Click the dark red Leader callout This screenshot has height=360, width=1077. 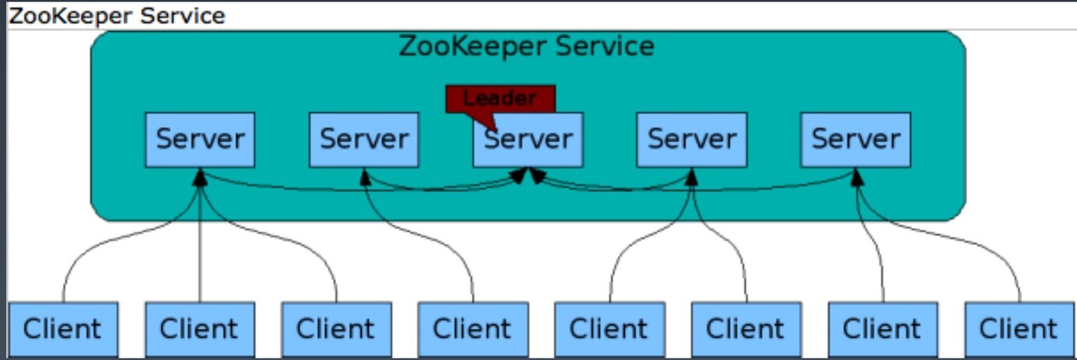click(x=501, y=100)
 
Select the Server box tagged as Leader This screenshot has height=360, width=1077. click(x=528, y=140)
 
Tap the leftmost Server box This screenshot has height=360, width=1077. click(x=200, y=140)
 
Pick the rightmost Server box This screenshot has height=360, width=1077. click(x=855, y=140)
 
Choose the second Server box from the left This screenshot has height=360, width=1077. click(x=364, y=140)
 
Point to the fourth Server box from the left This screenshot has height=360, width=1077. click(x=692, y=140)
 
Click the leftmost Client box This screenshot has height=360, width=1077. click(x=63, y=329)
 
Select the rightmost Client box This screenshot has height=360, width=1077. click(x=1019, y=329)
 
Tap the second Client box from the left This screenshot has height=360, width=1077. click(x=200, y=329)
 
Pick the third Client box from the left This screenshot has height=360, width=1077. click(x=337, y=329)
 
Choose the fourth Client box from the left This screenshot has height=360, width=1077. click(x=473, y=329)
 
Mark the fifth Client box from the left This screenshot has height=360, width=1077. click(x=610, y=329)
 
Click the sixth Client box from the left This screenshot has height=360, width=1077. click(x=747, y=329)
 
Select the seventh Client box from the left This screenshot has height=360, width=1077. click(x=883, y=329)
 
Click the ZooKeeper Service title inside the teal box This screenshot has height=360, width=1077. click(x=526, y=47)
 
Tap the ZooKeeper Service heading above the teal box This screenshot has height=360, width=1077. click(x=117, y=16)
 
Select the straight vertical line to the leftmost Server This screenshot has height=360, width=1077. click(x=200, y=244)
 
